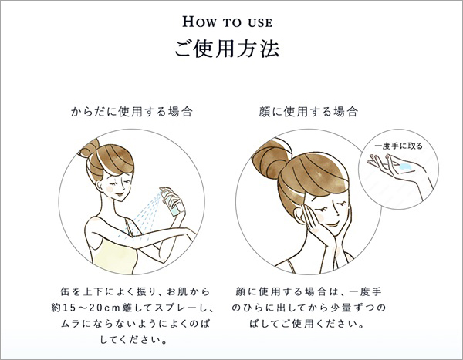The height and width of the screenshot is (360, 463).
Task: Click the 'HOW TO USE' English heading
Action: click(228, 22)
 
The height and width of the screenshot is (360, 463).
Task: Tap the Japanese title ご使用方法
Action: click(227, 49)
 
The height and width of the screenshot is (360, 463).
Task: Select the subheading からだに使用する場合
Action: click(132, 112)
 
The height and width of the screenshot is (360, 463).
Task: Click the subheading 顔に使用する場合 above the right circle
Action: click(309, 112)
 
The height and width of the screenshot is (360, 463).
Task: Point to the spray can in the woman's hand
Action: click(172, 200)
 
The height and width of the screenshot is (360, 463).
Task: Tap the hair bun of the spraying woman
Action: click(88, 148)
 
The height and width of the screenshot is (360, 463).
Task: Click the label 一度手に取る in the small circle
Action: click(399, 146)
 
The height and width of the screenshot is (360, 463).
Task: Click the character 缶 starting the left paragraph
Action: click(65, 291)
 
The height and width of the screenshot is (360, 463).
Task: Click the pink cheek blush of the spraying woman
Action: click(110, 188)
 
